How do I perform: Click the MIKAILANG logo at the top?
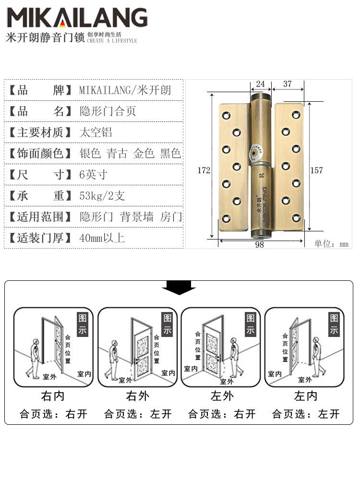77,18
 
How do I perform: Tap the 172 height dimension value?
204,170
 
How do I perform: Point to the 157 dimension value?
316,170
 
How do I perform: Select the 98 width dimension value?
259,245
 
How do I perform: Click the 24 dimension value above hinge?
260,84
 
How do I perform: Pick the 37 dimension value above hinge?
287,84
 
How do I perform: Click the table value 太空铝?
96,132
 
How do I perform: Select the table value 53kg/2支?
102,196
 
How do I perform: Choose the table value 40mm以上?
102,238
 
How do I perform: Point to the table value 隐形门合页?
108,111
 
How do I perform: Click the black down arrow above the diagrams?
179,288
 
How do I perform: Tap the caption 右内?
53,396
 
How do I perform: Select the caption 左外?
222,396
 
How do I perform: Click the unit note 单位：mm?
331,244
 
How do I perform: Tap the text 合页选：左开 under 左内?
306,414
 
